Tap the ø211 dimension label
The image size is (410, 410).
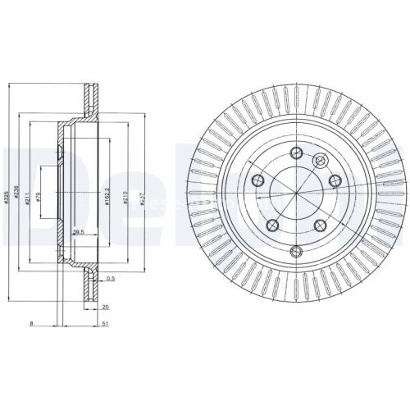pos(29,198)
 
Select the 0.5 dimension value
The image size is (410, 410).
pos(111,280)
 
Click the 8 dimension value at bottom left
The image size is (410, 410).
pos(30,325)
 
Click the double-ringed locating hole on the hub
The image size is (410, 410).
pos(320,160)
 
